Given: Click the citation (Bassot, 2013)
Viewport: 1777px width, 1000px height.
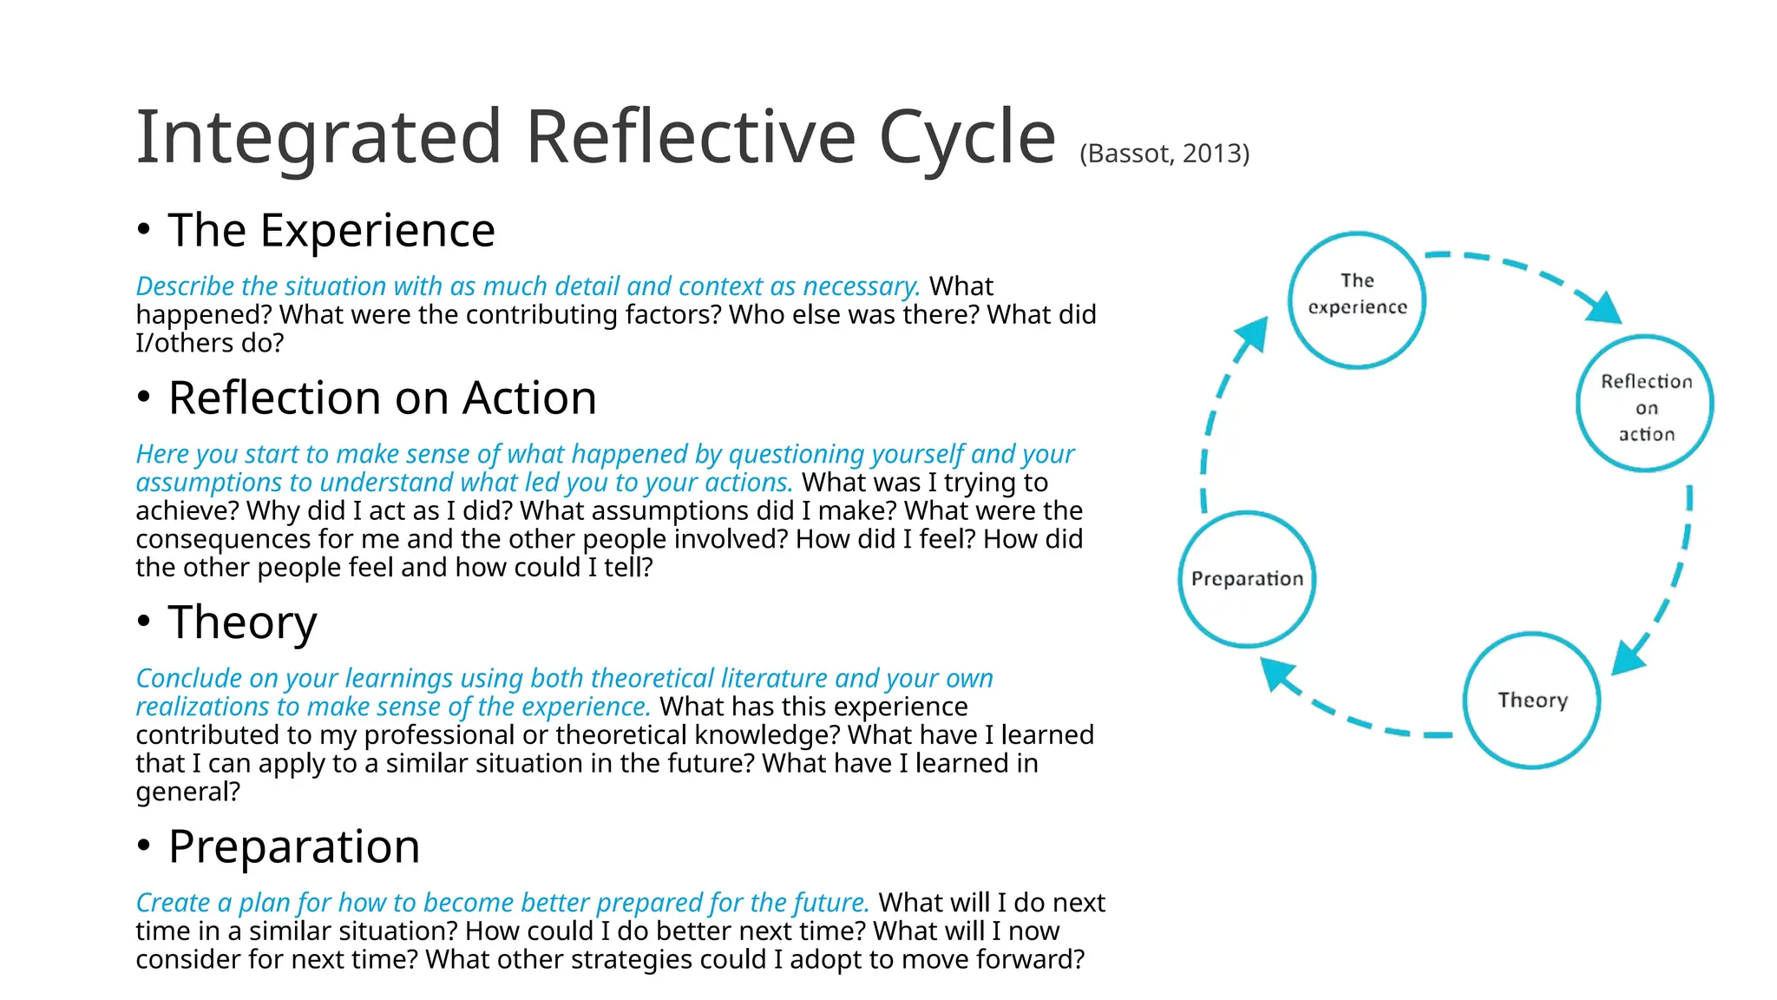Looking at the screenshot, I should coord(1164,154).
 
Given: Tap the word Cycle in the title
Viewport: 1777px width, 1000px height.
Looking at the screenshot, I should coord(967,137).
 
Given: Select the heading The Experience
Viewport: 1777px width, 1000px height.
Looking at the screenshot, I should coord(331,231).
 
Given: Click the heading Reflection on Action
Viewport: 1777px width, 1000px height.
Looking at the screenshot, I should coord(382,398).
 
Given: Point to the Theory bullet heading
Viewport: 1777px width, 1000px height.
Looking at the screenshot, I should coord(242,622).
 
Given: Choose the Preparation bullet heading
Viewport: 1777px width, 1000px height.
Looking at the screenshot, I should coord(293,846).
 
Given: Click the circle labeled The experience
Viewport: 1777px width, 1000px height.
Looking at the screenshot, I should coord(1356,300).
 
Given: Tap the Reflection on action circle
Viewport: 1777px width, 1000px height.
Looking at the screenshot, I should coord(1644,404).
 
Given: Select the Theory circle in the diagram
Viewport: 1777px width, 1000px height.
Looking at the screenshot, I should coord(1531,700).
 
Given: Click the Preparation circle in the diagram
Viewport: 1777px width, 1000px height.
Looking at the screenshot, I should coord(1247,579).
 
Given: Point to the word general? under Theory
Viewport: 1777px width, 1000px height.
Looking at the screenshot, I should coord(187,793).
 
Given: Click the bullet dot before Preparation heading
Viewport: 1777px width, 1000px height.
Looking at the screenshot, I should coord(144,845).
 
